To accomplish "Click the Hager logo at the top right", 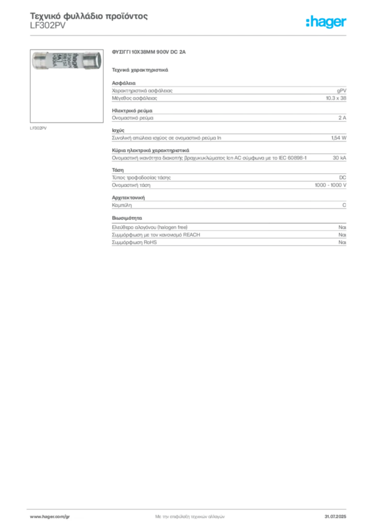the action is (x=326, y=22).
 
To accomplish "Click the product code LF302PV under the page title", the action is (x=48, y=26).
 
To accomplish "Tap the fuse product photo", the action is (x=66, y=61).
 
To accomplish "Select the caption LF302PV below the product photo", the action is (x=38, y=128).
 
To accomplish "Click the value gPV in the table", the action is (x=342, y=91).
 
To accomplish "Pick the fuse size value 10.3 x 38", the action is (x=336, y=98).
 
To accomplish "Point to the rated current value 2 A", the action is (x=343, y=118).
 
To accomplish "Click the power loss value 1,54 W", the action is (x=338, y=138).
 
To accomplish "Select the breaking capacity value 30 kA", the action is (x=340, y=157).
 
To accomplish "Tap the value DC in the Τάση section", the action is (x=343, y=178).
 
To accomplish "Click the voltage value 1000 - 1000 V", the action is (x=331, y=185).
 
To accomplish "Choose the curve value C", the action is (x=344, y=205).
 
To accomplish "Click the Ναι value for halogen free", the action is (x=343, y=227).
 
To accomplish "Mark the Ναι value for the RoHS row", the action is (x=343, y=242).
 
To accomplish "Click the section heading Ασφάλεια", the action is (x=124, y=83).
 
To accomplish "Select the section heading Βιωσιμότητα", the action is (x=127, y=218).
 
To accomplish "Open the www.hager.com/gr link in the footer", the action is (x=50, y=517).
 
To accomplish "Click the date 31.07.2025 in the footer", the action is (x=335, y=517).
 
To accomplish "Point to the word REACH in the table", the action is (x=191, y=235).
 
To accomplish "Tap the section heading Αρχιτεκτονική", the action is (x=128, y=198).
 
